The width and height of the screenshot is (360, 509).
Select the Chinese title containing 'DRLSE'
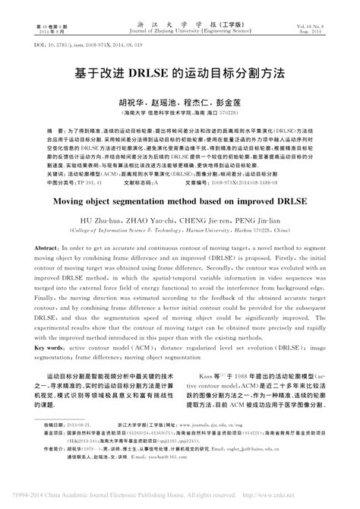point(180,75)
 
